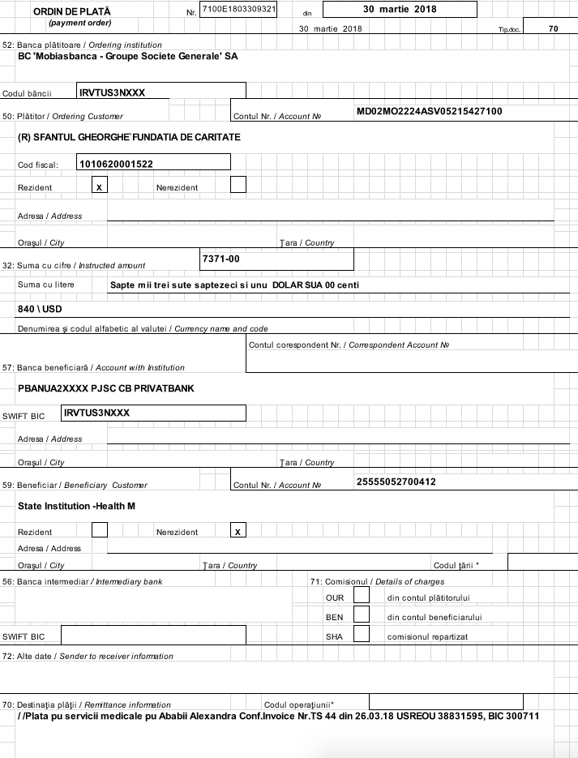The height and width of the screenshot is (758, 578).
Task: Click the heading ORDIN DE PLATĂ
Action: click(72, 11)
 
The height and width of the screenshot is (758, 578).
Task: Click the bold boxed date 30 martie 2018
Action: click(400, 10)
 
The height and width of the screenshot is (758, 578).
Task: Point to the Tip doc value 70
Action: click(553, 28)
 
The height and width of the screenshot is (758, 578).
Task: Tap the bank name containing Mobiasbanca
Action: click(127, 57)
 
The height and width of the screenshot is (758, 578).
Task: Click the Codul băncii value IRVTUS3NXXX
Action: click(113, 92)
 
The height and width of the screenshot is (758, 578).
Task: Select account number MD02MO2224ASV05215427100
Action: click(429, 111)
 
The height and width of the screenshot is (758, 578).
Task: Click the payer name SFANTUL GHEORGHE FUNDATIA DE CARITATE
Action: click(129, 138)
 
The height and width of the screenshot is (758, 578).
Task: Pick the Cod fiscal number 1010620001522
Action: click(116, 164)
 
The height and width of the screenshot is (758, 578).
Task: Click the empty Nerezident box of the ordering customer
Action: click(238, 186)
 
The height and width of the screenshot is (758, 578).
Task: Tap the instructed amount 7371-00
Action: click(221, 259)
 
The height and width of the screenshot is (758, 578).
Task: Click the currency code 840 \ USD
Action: click(40, 310)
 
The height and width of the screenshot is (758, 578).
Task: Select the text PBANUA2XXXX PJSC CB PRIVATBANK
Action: click(105, 388)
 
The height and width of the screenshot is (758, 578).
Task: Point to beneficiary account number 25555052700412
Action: click(396, 482)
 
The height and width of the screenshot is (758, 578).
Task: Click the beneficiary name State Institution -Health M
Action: click(76, 506)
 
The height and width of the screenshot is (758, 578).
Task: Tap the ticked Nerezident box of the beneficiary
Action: click(238, 531)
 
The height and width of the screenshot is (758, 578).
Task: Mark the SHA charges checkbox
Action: click(362, 635)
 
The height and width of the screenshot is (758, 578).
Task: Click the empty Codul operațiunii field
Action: click(445, 702)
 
